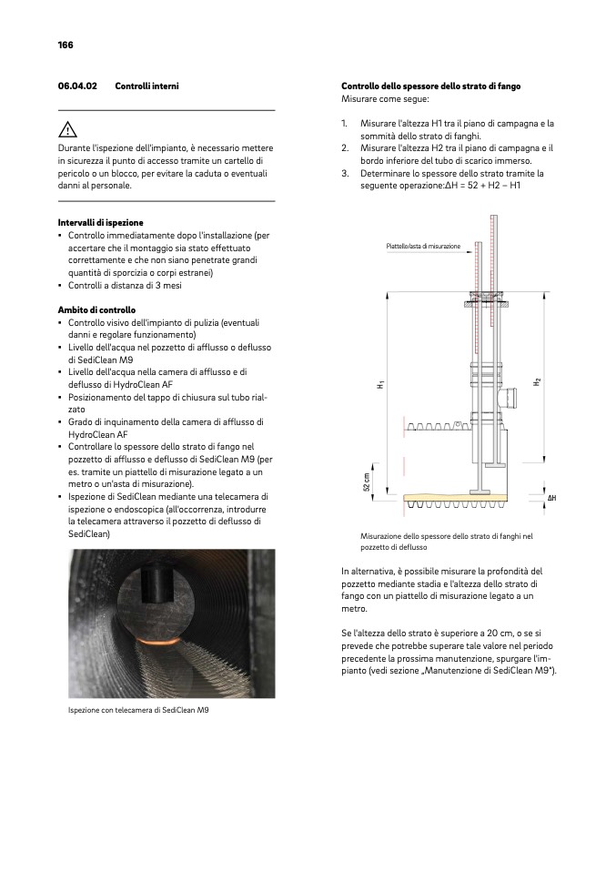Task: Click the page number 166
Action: [x=66, y=45]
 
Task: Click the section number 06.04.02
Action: [x=77, y=86]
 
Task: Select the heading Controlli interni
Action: [x=146, y=86]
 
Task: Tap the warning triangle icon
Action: [x=66, y=129]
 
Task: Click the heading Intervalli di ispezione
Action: [x=100, y=222]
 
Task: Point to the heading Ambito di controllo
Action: [x=96, y=309]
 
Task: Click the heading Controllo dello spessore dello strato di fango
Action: [x=430, y=86]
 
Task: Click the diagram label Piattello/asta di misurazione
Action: [x=423, y=246]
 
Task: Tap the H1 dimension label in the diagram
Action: [x=379, y=386]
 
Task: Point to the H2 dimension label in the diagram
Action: [x=538, y=381]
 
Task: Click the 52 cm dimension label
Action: [x=367, y=482]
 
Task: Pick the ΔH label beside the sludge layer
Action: [x=551, y=498]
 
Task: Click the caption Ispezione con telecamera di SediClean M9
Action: [x=138, y=709]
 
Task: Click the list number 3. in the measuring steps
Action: [x=346, y=173]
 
